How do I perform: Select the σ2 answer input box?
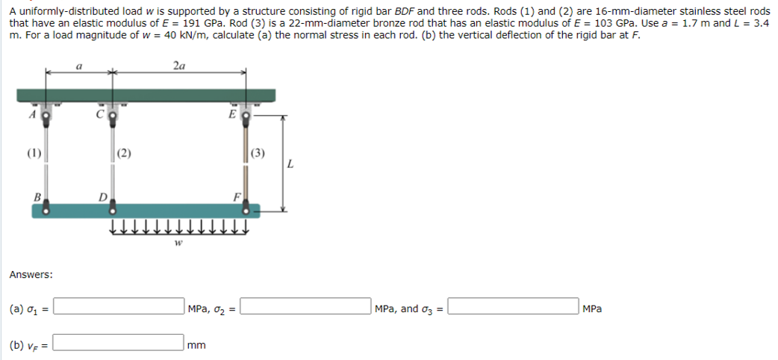pos(305,308)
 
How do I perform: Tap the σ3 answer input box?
pos(513,308)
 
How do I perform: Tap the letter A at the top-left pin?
pos(32,116)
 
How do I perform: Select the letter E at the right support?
pos(234,116)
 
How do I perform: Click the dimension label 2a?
pos(179,66)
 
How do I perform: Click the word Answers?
pos(31,275)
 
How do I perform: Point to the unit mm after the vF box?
pos(197,345)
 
